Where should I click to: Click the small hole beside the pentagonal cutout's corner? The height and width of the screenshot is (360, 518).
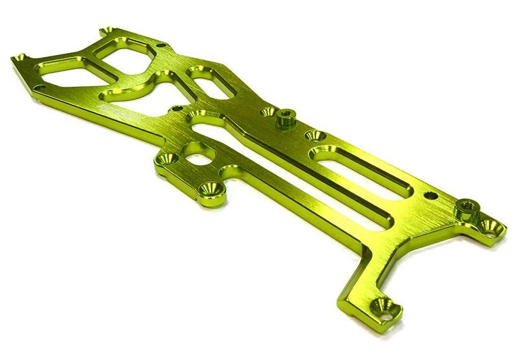point(161,45)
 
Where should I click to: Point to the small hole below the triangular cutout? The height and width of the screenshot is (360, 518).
point(40,87)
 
